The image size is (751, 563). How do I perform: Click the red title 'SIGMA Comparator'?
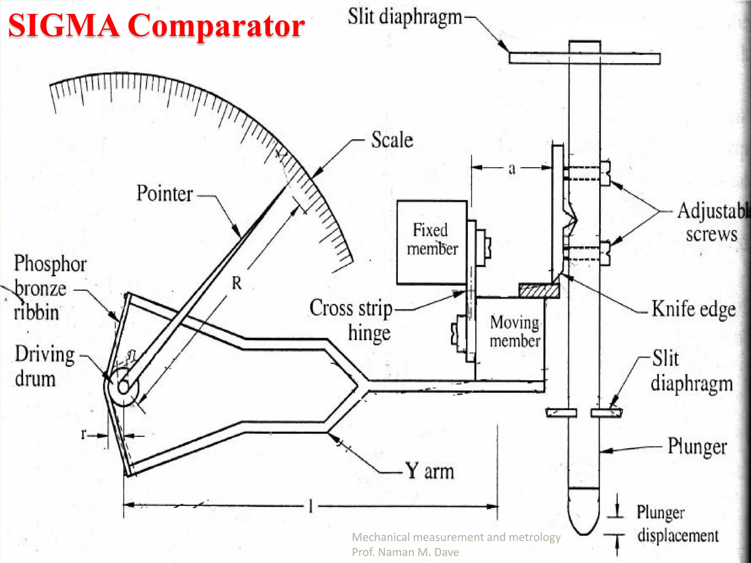click(156, 26)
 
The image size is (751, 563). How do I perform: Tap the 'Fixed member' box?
click(432, 242)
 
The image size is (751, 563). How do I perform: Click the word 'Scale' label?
click(392, 140)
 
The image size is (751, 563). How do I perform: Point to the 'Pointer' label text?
click(165, 194)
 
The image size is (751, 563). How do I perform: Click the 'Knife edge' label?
click(693, 309)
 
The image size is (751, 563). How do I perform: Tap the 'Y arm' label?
click(429, 471)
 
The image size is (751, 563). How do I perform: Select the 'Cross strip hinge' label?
click(351, 320)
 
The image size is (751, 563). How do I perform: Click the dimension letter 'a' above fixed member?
click(512, 169)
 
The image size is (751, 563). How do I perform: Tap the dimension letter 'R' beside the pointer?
click(237, 283)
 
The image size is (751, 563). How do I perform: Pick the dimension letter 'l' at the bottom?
click(311, 507)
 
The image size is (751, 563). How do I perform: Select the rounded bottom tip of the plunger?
click(583, 520)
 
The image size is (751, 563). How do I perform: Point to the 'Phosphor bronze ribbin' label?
click(50, 288)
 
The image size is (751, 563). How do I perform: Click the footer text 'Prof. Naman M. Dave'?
click(405, 552)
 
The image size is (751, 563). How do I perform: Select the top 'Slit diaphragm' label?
click(404, 17)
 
